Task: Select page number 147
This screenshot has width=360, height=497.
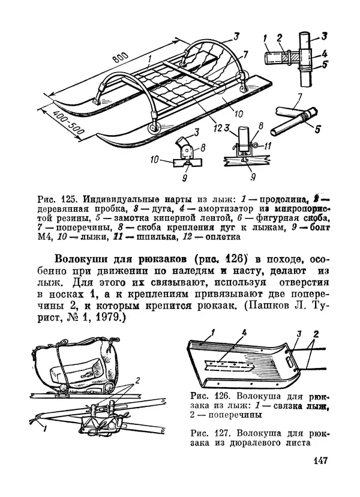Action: [x=319, y=462]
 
